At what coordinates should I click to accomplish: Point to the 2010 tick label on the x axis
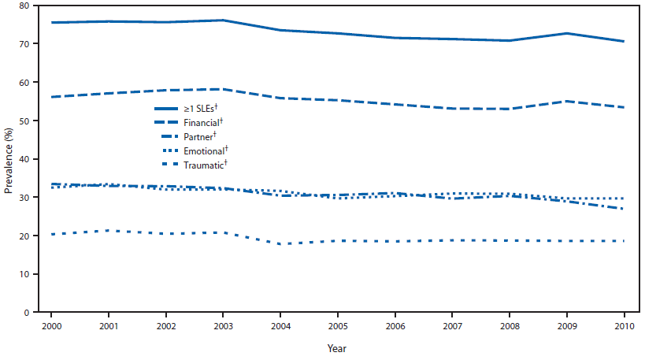[625, 325]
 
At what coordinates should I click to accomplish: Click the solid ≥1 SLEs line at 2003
[223, 20]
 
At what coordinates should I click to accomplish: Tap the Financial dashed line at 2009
[566, 101]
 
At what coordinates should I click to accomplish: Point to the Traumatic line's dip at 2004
[281, 244]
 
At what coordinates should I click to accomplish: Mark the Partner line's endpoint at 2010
[624, 209]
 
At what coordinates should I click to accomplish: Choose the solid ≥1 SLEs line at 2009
[566, 33]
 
